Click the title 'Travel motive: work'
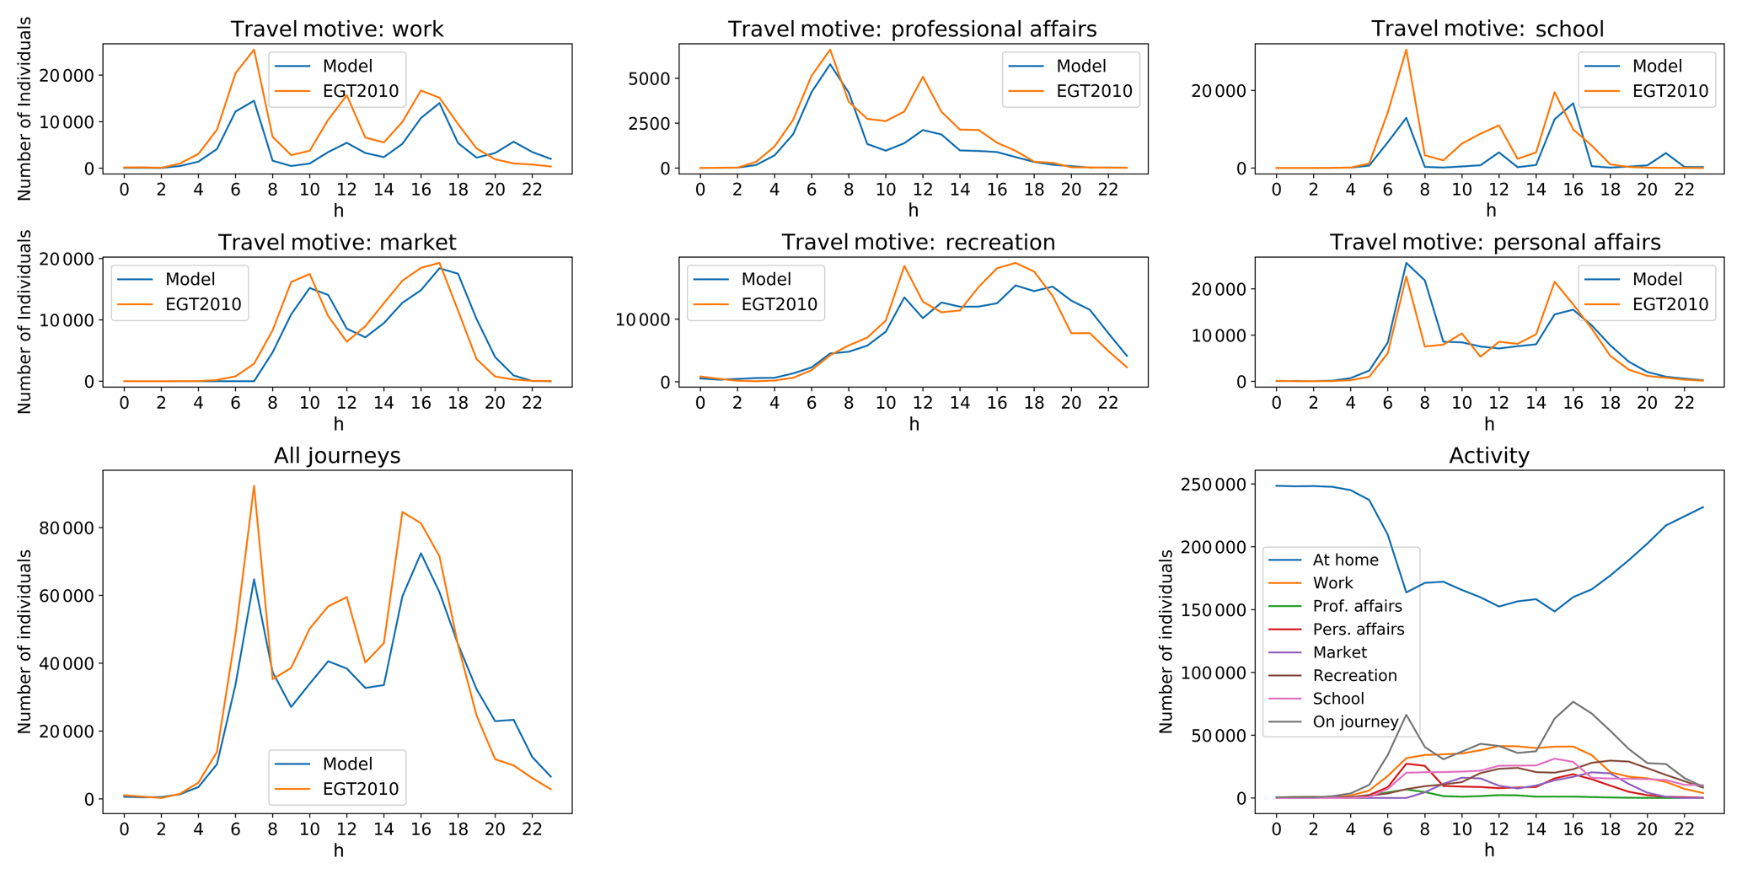pos(337,29)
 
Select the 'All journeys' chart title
pos(337,456)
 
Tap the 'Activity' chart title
pos(1489,456)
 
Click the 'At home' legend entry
pos(1345,560)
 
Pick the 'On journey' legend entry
pos(1355,721)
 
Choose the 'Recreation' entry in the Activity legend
pos(1354,675)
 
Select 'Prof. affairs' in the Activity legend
pos(1357,606)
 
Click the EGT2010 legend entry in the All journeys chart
pos(360,790)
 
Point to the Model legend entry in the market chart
pos(190,279)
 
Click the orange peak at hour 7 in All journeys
pos(254,485)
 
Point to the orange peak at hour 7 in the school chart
pos(1406,50)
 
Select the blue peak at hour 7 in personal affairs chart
pos(1406,263)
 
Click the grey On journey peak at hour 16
pos(1573,701)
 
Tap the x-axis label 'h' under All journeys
pos(338,850)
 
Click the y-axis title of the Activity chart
pos(1166,641)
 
